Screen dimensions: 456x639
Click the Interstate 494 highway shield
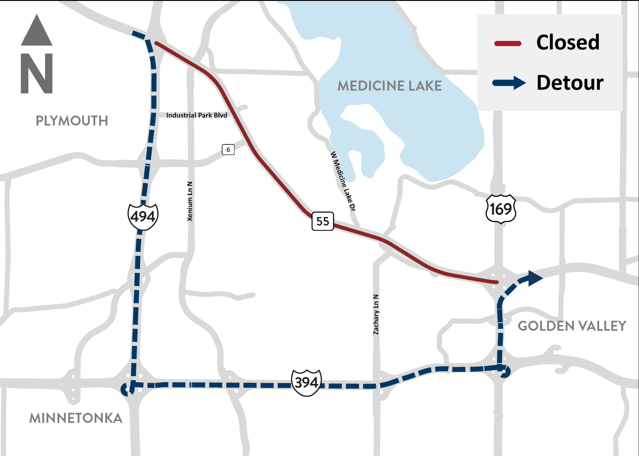point(143,216)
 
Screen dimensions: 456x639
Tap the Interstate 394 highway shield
point(306,382)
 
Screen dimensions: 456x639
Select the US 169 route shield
point(501,209)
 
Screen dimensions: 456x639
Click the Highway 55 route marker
point(323,221)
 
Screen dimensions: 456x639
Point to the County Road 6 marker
point(228,150)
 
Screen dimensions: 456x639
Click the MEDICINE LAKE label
point(389,86)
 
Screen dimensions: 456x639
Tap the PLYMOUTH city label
point(72,121)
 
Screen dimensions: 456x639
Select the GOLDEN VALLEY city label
point(572,326)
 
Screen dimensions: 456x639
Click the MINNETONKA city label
point(76,418)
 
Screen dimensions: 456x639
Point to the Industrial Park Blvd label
point(197,116)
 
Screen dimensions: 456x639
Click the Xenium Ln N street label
point(190,201)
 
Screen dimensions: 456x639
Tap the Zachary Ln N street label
point(376,314)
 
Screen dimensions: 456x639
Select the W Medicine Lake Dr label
point(343,181)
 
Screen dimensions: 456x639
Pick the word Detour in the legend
point(570,83)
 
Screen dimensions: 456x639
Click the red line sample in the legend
point(508,44)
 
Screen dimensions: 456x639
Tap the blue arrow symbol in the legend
point(509,83)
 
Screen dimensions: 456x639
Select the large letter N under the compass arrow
point(37,73)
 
